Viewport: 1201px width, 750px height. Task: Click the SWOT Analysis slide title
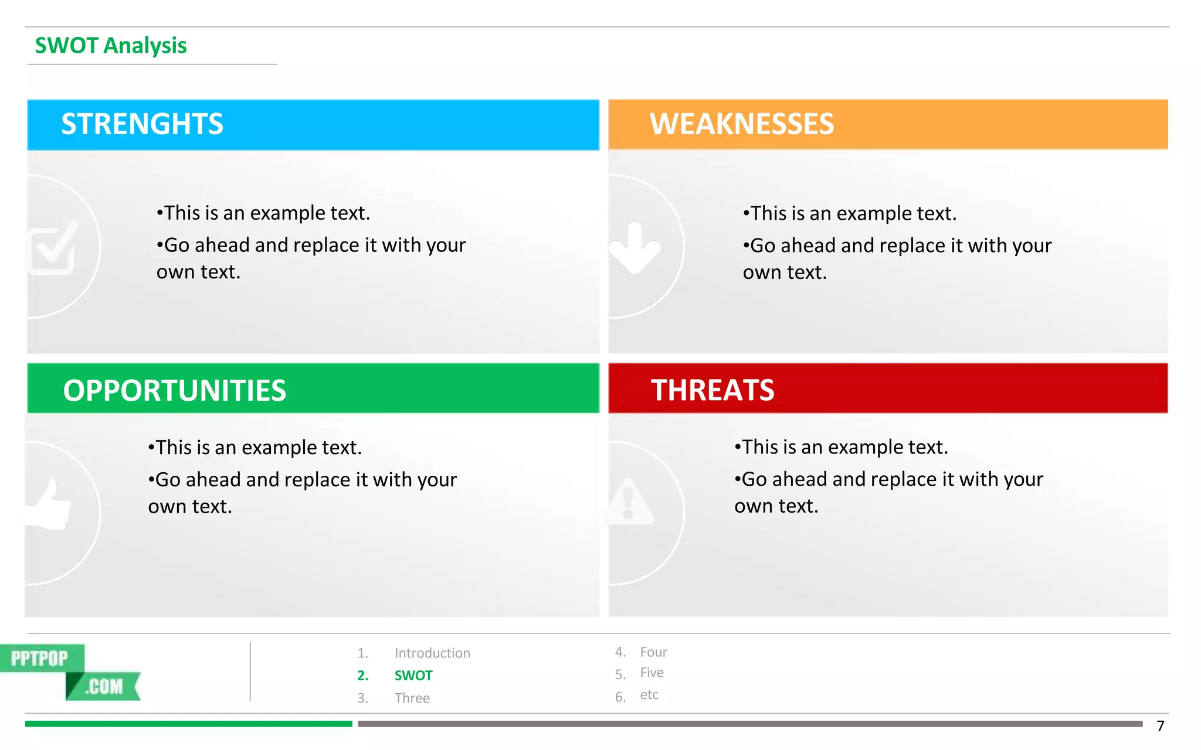pos(111,46)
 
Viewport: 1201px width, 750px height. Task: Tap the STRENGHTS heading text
pos(142,124)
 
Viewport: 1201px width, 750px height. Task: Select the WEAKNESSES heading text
pos(741,124)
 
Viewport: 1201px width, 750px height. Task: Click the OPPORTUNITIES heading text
pos(174,390)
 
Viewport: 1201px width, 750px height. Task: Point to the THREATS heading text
pos(712,390)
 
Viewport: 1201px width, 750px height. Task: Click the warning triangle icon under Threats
pos(629,503)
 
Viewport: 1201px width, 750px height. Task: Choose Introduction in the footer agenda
pos(432,653)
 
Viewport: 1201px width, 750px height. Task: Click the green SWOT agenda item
pos(413,676)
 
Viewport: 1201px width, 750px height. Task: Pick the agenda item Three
pos(412,698)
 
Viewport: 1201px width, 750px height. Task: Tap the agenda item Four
pos(653,652)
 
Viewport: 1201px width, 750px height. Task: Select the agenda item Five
pos(652,673)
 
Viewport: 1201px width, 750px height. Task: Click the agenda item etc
pos(649,695)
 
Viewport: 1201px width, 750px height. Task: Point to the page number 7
pos(1160,727)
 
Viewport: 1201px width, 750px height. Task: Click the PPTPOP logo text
pos(40,659)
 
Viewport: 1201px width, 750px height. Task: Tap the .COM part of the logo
pos(104,686)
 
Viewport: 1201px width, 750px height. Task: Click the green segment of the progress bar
pos(188,724)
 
